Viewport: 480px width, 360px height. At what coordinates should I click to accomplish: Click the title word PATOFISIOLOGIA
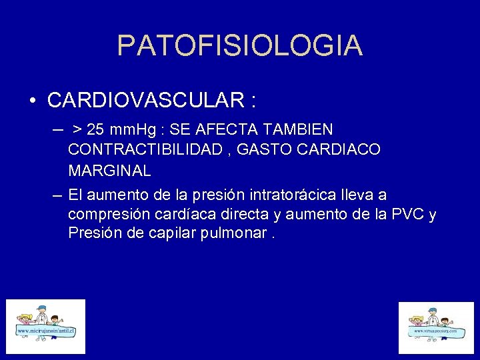pyautogui.click(x=240, y=45)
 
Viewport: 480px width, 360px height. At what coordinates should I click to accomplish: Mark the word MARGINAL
pyautogui.click(x=109, y=171)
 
